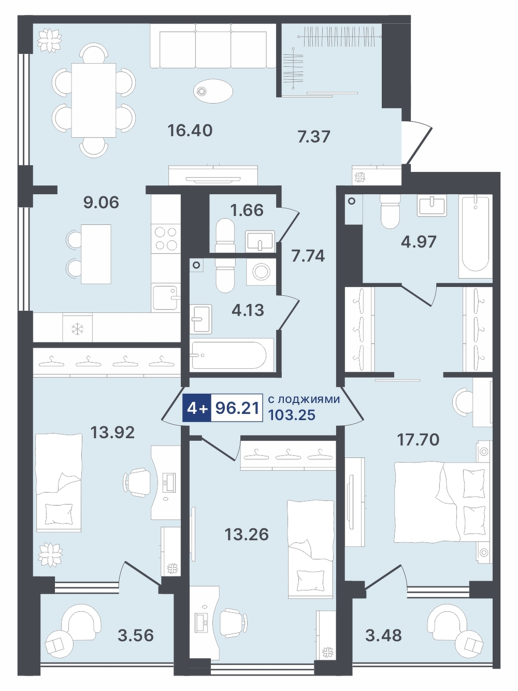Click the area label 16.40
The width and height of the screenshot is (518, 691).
(x=190, y=131)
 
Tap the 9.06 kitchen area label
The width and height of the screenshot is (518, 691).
(x=102, y=203)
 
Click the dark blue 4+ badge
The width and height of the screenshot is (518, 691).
(x=197, y=409)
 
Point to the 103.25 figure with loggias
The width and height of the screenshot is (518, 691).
(x=292, y=415)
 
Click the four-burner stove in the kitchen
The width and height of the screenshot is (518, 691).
(x=166, y=238)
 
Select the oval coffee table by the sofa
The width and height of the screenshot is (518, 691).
(x=213, y=91)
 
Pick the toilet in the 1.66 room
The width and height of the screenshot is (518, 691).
(x=225, y=235)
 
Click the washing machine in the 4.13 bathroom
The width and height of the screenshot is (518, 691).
(x=261, y=271)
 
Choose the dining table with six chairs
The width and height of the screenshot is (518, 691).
(x=94, y=100)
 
